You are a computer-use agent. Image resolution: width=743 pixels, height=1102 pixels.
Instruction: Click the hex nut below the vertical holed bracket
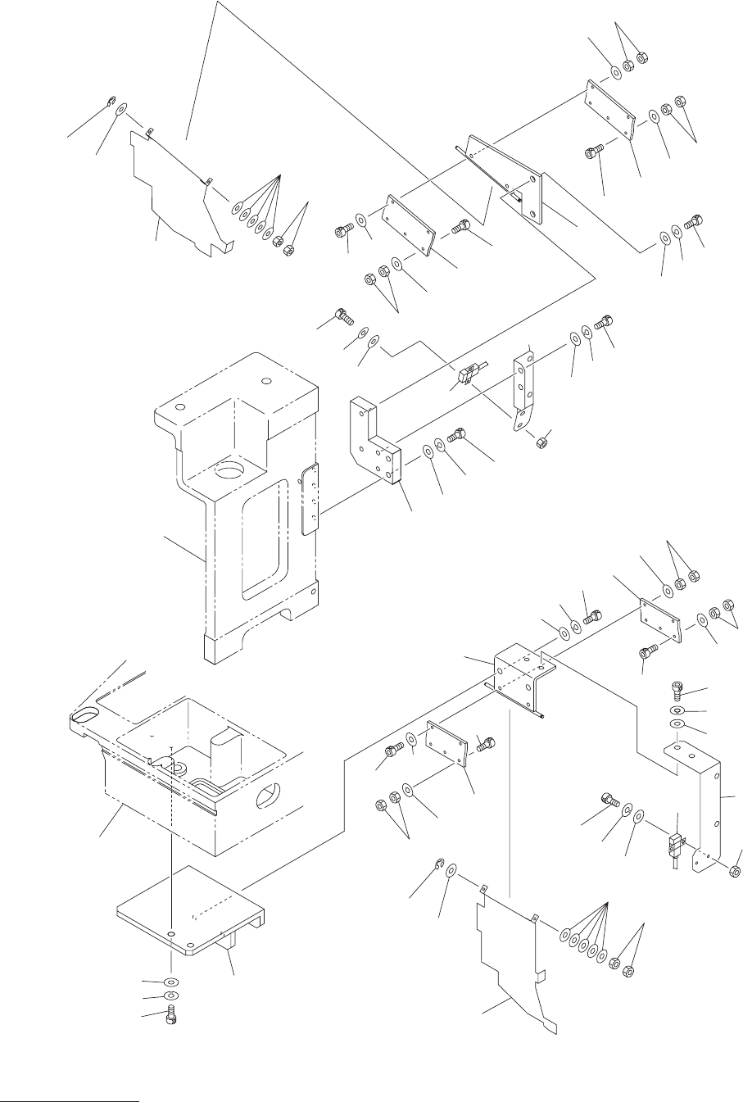coord(541,443)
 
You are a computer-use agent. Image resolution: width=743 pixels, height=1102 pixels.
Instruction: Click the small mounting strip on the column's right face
coord(310,499)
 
